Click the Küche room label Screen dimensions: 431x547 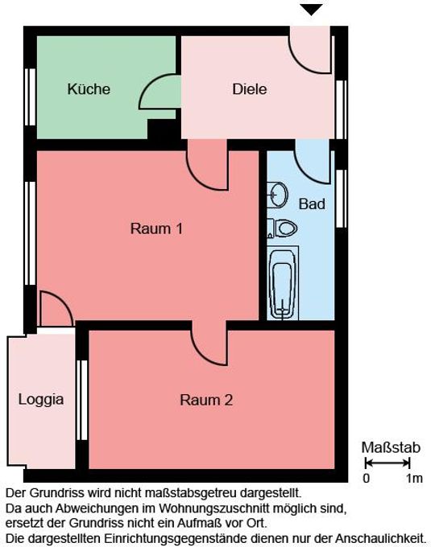coord(89,89)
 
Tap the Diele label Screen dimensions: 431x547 coord(250,89)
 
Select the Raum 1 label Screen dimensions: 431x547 coord(156,228)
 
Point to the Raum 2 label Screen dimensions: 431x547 coord(206,400)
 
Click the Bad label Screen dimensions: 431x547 coord(312,204)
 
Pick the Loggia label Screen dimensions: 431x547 coord(41,400)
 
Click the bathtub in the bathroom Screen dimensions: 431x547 coord(283,283)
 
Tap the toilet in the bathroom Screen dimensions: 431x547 coord(282,228)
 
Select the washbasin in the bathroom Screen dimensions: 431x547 coord(278,195)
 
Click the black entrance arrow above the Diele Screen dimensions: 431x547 coord(312,10)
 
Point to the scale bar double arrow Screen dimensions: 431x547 coord(387,463)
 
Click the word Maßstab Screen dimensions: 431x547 coord(391,447)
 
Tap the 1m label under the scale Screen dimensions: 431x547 coord(414,479)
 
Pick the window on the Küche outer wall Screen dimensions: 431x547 coord(31,97)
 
